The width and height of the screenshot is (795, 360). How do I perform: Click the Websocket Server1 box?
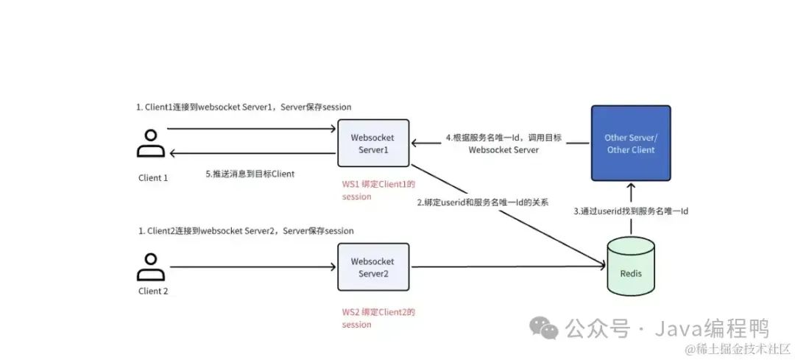click(373, 143)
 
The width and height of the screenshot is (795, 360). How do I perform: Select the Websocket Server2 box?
click(373, 267)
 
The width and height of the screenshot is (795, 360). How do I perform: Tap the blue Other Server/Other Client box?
click(630, 144)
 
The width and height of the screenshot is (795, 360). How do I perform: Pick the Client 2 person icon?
click(151, 267)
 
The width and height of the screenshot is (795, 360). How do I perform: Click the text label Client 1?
click(153, 177)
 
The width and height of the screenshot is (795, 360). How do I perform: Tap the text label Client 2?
click(153, 291)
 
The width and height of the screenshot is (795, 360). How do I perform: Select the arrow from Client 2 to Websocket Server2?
click(250, 267)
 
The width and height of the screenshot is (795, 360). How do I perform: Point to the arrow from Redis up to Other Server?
click(631, 210)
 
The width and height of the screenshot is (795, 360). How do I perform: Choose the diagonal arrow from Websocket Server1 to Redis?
click(508, 213)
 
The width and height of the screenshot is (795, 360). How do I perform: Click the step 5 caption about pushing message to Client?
click(250, 174)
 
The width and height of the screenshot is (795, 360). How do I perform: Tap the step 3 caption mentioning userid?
click(630, 211)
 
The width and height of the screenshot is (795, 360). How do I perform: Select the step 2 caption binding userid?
click(482, 202)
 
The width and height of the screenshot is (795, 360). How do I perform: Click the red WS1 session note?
click(373, 190)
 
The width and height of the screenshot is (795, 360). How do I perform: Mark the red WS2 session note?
click(373, 318)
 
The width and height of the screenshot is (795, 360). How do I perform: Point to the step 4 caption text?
click(504, 143)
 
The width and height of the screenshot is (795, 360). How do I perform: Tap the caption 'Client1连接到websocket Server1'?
click(244, 107)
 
